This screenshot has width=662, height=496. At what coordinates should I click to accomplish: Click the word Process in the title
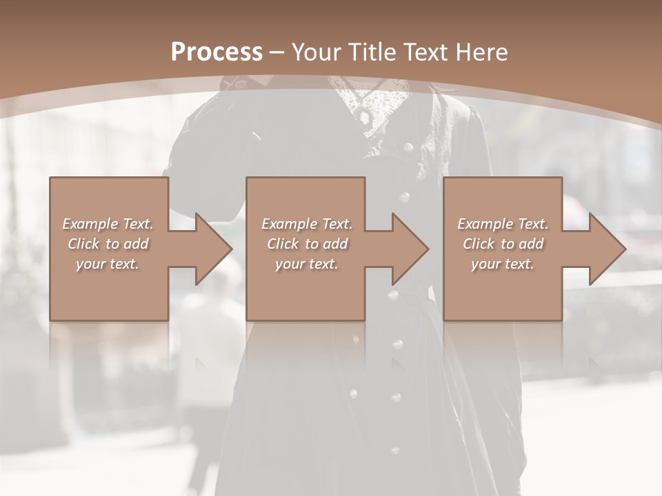(x=217, y=52)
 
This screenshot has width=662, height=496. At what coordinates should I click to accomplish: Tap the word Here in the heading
(x=481, y=52)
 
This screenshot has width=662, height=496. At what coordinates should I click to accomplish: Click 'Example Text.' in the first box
(x=108, y=224)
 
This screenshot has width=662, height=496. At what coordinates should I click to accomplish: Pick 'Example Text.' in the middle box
(x=307, y=224)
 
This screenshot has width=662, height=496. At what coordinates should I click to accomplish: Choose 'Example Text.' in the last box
(x=503, y=224)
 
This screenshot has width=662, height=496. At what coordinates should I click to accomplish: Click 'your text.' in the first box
(x=108, y=264)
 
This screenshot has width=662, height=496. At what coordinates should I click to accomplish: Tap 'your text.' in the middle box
(x=307, y=264)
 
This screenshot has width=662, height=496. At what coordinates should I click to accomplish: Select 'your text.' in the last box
(x=503, y=264)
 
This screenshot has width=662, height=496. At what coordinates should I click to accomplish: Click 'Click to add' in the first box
(x=108, y=244)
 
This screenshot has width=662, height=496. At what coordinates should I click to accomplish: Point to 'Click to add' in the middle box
(x=307, y=244)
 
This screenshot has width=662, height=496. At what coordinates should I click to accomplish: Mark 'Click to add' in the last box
(x=503, y=244)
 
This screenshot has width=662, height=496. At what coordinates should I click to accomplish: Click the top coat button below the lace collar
(x=407, y=147)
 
